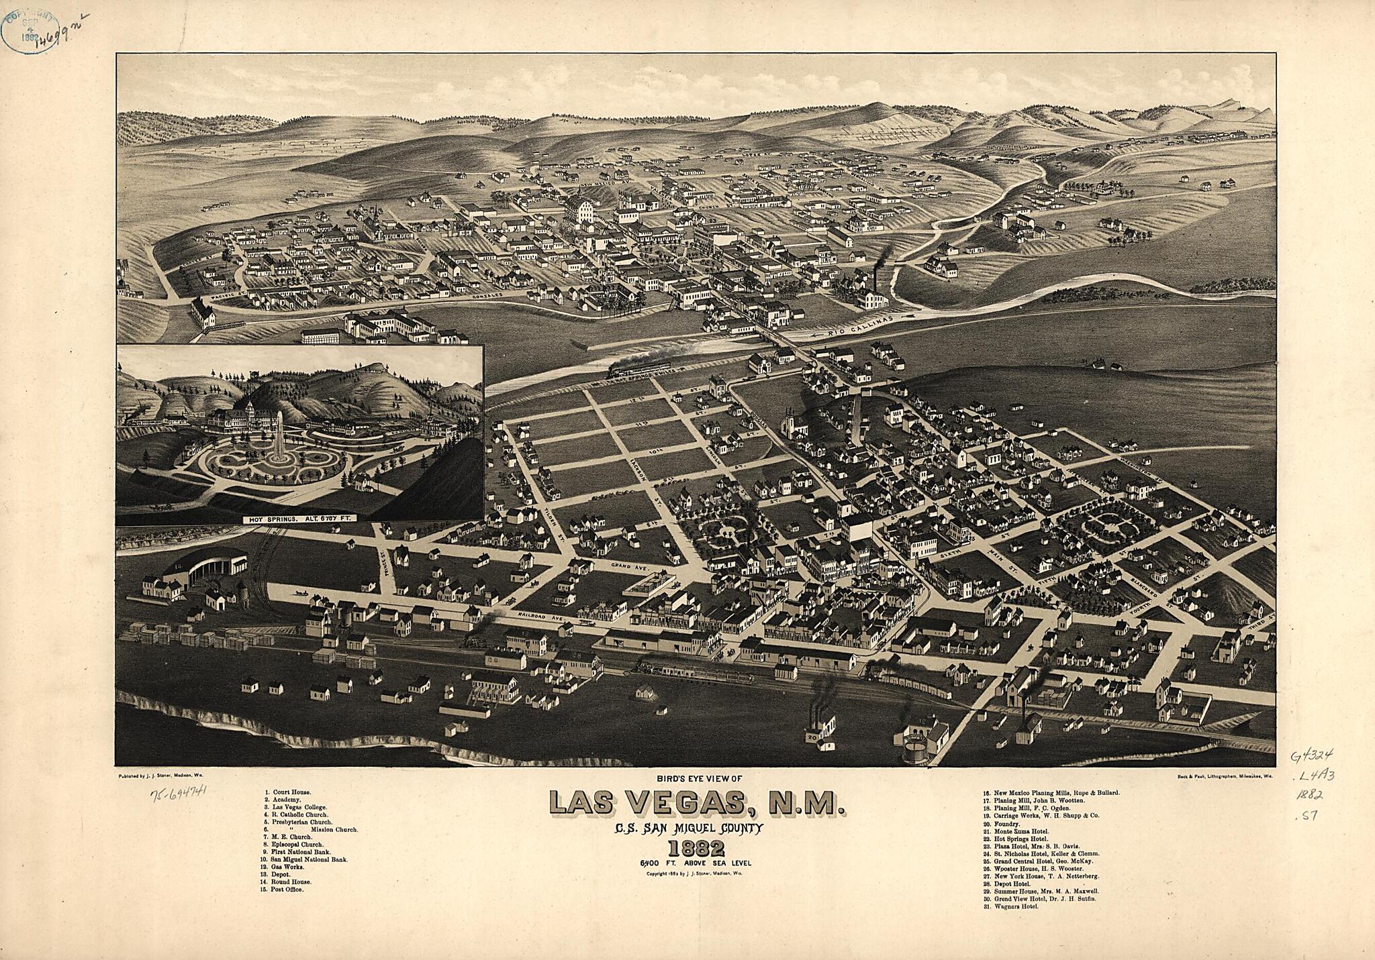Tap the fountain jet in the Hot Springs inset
tap(278, 436)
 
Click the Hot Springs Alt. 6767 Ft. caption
tap(299, 519)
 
